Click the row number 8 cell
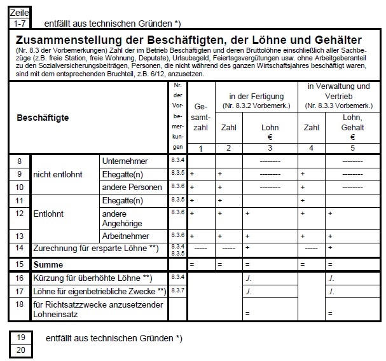click(x=20, y=161)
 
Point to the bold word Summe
click(x=50, y=263)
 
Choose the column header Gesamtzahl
click(x=201, y=118)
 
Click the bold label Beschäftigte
click(x=43, y=118)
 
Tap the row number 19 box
click(x=20, y=337)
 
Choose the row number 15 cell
click(x=20, y=263)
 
